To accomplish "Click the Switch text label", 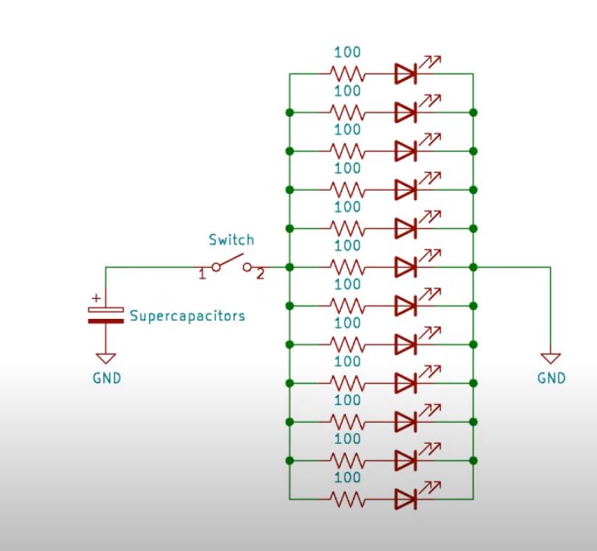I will (x=231, y=240).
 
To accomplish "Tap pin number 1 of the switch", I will (x=202, y=274).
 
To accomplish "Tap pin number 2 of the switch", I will (x=261, y=274).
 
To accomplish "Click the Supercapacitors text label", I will (x=187, y=317).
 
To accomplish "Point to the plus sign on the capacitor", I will (x=96, y=298).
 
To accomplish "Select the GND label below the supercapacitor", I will (x=105, y=377).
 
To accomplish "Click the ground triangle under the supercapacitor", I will (x=105, y=358).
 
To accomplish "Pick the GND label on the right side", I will (x=551, y=377).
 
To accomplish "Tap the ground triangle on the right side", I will (x=551, y=358).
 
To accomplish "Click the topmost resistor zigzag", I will (x=347, y=74).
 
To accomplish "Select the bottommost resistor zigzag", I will (x=347, y=499).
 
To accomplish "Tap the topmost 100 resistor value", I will (x=347, y=53).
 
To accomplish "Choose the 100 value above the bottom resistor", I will (x=347, y=478).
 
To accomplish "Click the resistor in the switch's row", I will (x=347, y=267).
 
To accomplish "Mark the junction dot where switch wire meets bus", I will (x=290, y=267).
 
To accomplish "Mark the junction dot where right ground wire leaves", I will (x=473, y=267).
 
